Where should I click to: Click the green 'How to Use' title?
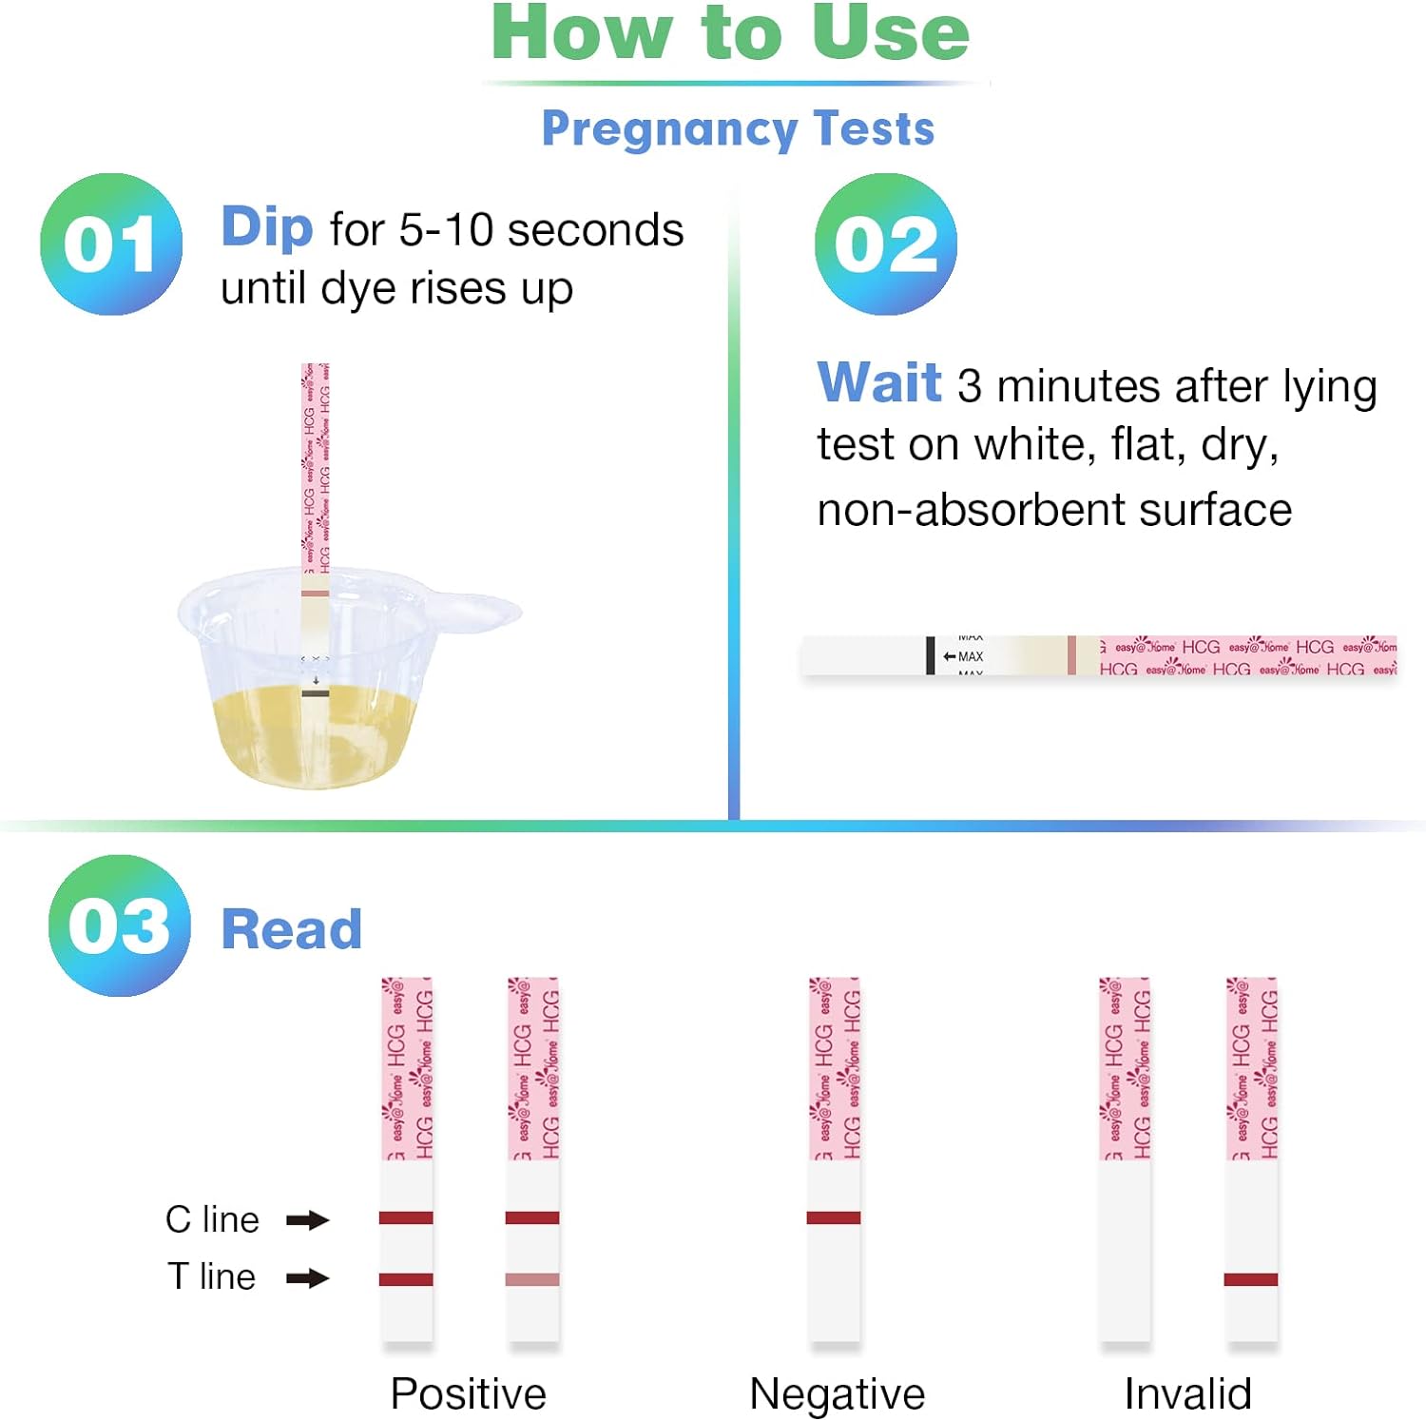[x=730, y=33]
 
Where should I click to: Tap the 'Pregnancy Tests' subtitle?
[x=738, y=128]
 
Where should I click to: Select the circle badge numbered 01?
[x=111, y=244]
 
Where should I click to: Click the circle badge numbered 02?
[x=886, y=244]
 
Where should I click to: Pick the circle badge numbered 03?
[x=120, y=925]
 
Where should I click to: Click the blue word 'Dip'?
[x=266, y=227]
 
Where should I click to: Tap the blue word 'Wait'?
[x=879, y=382]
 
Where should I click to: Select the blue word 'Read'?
[x=292, y=929]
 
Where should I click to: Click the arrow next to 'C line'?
[x=307, y=1220]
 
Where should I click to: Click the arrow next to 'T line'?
[x=307, y=1278]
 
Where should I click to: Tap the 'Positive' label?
[x=469, y=1394]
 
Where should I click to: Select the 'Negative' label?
[x=837, y=1394]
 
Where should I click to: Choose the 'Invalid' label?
[x=1187, y=1394]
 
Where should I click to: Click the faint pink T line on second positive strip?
[x=532, y=1279]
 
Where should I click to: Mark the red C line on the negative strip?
[x=834, y=1217]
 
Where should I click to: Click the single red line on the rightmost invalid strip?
[x=1251, y=1279]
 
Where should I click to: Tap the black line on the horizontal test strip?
[x=931, y=655]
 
